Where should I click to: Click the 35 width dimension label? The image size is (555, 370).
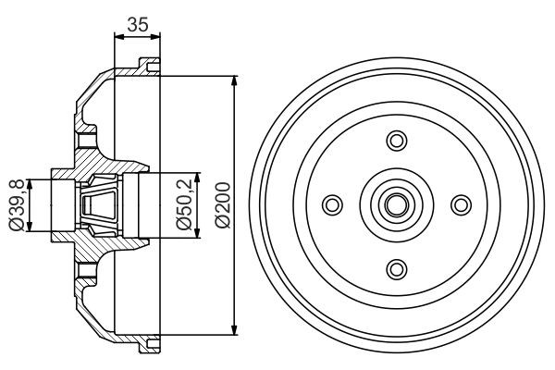pos(137,25)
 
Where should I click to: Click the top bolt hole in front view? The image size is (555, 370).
pos(397,141)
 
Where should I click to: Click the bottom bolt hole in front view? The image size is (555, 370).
pos(397,268)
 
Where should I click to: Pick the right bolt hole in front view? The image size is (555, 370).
pos(461,204)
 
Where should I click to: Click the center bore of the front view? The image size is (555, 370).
pos(397,204)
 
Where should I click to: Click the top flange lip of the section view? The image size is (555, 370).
pos(143,65)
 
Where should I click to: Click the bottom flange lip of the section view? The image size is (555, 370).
pos(143,345)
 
